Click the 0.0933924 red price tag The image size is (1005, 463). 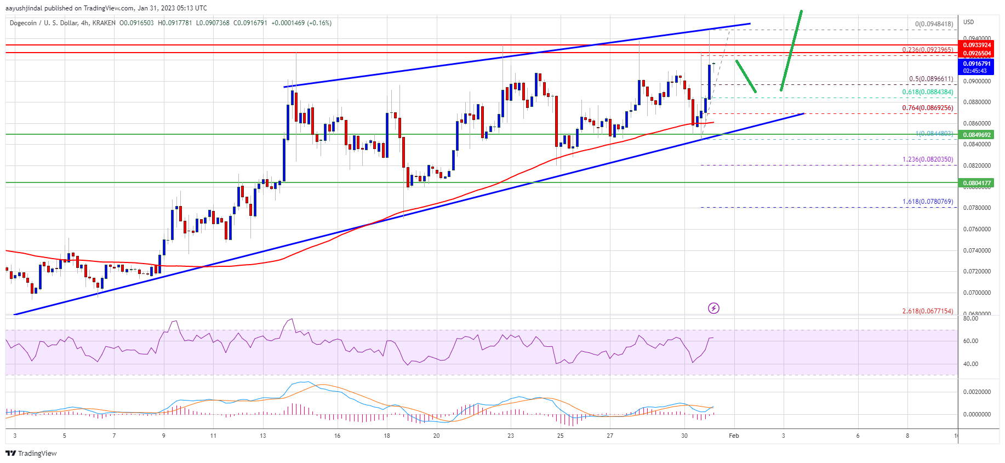[977, 45]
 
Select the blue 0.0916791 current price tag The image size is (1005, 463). [977, 64]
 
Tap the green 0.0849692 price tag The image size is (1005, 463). [977, 135]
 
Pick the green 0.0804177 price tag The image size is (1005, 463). [977, 183]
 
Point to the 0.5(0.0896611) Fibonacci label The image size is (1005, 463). [930, 79]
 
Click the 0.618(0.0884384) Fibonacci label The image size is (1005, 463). [928, 92]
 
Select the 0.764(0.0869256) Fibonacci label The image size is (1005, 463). [928, 108]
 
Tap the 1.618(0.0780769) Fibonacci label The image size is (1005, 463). [928, 202]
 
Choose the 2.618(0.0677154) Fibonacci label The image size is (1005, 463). [928, 311]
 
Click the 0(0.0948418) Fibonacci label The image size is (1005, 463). [934, 24]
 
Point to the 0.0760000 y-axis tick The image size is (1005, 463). [977, 229]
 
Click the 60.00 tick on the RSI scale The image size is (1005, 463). [970, 341]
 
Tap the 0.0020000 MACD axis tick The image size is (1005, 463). [977, 392]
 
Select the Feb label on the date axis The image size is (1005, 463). [734, 436]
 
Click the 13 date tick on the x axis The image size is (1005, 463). [263, 436]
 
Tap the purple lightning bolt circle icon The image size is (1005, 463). [713, 308]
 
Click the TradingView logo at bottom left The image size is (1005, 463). [31, 453]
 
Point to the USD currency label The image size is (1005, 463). [969, 22]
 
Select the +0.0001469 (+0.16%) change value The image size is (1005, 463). [301, 23]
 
